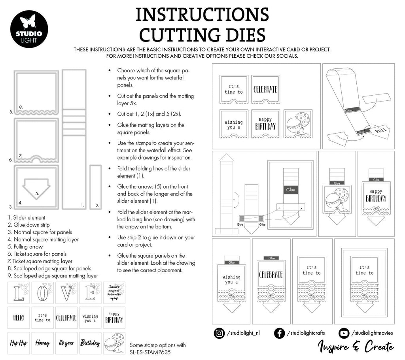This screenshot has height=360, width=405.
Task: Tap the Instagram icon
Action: coord(218,333)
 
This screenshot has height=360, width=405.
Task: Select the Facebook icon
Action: coord(279,333)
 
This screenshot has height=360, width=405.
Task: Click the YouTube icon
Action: coord(344,333)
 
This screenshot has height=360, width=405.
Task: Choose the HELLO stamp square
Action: coord(19,317)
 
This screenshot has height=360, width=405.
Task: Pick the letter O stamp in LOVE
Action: coord(42,293)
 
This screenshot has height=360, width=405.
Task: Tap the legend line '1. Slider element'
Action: coord(26,217)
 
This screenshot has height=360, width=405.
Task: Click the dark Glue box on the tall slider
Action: coord(290,190)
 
